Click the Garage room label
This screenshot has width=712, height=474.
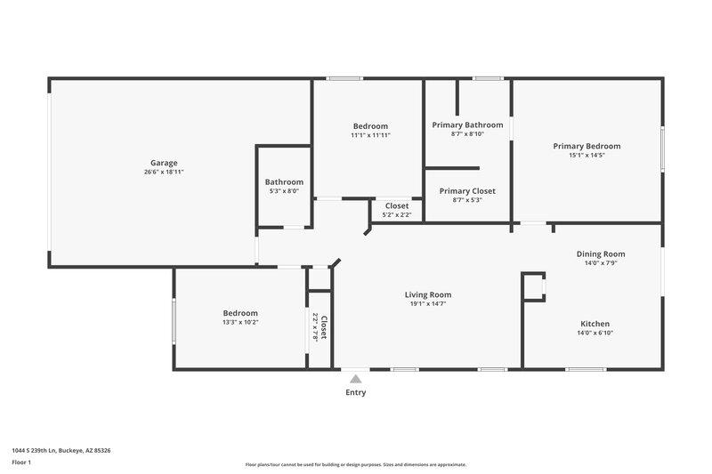pos(164,163)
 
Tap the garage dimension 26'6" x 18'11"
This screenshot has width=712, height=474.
pos(164,173)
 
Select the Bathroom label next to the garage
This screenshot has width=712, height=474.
pos(284,181)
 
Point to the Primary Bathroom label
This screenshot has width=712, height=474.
pos(467,125)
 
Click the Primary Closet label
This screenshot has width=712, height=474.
pos(467,190)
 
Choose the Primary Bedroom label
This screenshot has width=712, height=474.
pos(587,146)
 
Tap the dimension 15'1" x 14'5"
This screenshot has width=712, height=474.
pos(587,156)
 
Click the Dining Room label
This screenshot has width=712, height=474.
pos(601,253)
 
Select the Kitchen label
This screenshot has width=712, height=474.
pos(595,324)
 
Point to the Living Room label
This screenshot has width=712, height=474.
pos(428,294)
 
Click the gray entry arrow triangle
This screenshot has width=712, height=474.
pos(356,379)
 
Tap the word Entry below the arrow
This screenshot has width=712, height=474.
pos(356,392)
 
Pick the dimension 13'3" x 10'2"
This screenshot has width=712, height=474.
pos(240,323)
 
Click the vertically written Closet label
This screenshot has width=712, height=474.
pos(324,327)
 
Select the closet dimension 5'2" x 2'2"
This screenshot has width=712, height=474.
pos(397,215)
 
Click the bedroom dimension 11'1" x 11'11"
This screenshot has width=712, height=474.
pos(370,135)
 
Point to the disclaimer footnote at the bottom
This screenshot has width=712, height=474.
pos(356,464)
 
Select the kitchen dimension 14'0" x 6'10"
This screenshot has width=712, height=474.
pos(595,333)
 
